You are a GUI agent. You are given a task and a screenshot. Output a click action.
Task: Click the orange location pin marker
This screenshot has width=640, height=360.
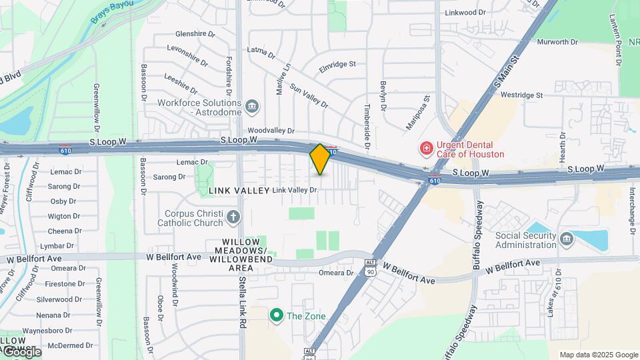[x=320, y=159]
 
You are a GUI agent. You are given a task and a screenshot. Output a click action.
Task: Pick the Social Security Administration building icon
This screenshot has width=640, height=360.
[x=566, y=238]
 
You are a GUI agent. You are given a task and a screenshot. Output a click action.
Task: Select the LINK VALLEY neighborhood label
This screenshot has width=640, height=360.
[x=237, y=191]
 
